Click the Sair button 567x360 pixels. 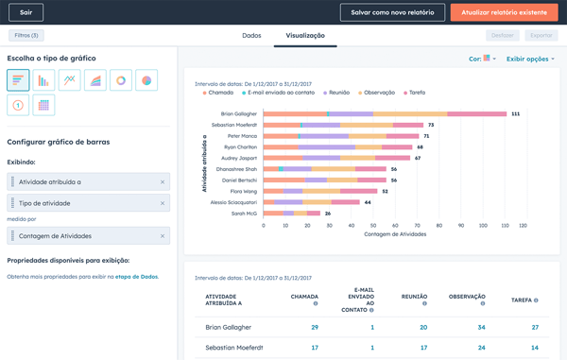[26, 13]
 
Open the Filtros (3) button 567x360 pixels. [26, 36]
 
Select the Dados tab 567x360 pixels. [251, 36]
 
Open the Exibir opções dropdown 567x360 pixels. [529, 59]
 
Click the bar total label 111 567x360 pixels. [515, 113]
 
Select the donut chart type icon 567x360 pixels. [121, 80]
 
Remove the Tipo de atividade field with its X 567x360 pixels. [162, 203]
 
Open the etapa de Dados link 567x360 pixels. [139, 276]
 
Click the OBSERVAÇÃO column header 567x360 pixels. [467, 297]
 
